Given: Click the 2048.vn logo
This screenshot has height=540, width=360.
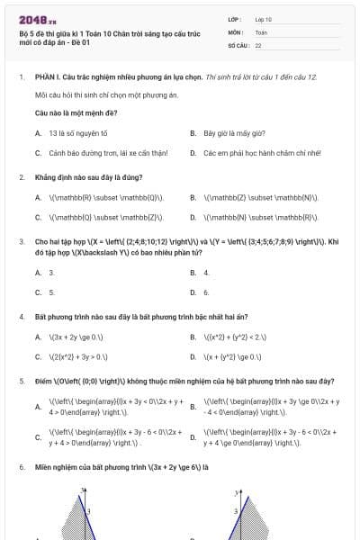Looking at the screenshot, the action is tap(38, 20).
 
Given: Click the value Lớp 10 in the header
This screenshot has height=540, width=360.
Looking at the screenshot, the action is tap(263, 19).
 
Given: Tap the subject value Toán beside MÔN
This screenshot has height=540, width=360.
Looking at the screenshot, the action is tap(261, 31).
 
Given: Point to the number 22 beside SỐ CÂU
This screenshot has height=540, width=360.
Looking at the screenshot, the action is tap(258, 44).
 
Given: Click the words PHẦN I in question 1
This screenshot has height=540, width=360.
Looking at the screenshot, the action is tap(46, 77).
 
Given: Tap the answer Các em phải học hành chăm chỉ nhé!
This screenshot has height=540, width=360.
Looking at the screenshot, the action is tap(250, 153).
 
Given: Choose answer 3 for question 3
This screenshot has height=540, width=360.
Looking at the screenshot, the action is tap(51, 272).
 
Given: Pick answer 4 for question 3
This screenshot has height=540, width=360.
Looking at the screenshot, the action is tap(206, 272).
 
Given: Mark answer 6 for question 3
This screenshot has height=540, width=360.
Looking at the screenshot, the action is tap(206, 292).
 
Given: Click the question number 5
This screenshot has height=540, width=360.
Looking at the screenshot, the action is tap(21, 381).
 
